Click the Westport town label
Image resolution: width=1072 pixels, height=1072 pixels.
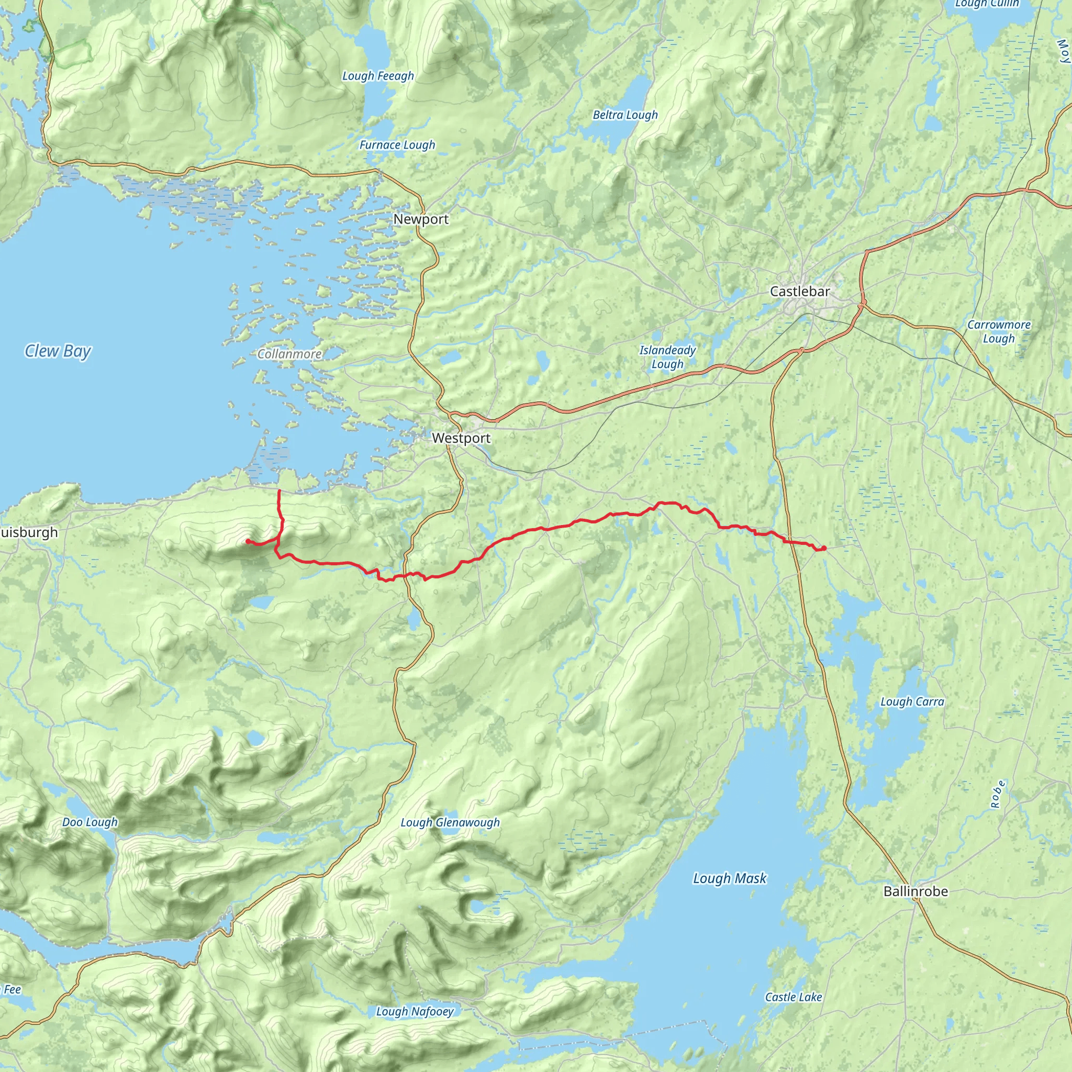[461, 438]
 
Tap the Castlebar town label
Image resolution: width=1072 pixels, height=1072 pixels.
[800, 292]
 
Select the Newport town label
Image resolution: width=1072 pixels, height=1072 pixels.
[421, 219]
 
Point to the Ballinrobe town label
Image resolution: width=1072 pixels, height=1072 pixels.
[915, 891]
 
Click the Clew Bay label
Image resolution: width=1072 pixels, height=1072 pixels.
[58, 351]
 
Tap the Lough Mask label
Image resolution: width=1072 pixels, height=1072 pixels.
[729, 878]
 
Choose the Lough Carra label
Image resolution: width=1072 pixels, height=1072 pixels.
[912, 701]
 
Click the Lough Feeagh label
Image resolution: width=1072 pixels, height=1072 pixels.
[378, 76]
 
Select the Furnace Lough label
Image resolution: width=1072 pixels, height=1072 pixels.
[397, 145]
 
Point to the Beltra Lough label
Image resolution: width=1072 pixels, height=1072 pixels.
[625, 115]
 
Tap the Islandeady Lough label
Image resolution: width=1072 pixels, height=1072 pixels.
[667, 357]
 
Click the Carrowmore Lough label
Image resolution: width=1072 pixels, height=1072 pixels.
[998, 331]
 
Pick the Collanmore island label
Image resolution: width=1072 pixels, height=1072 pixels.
[289, 354]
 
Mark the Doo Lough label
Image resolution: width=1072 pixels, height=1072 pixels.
[90, 822]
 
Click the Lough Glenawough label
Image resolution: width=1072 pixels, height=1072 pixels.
[450, 822]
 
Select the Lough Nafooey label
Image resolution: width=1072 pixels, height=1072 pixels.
[415, 1011]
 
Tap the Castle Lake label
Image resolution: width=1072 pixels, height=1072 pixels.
[793, 997]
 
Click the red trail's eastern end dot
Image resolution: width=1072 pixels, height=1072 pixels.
[824, 548]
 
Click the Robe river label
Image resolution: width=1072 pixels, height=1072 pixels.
[998, 795]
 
